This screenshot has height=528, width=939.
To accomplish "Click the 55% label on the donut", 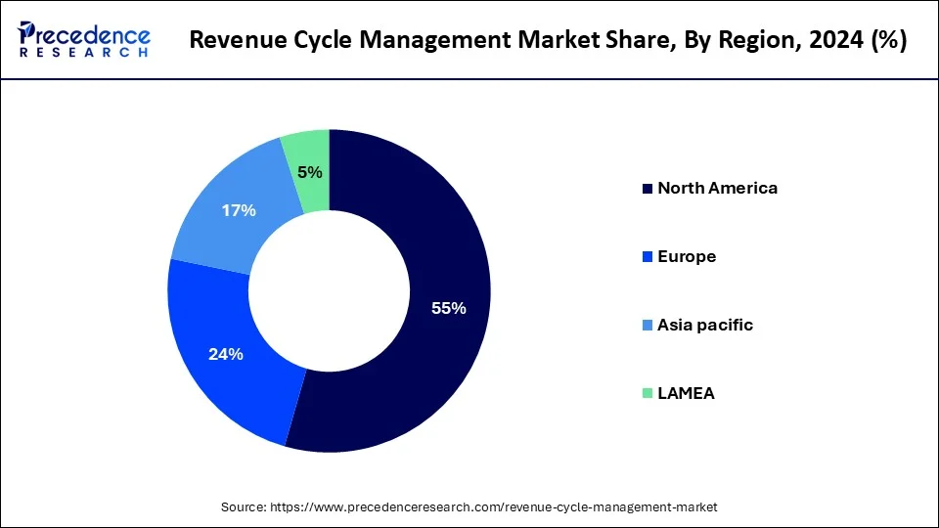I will point(449,308).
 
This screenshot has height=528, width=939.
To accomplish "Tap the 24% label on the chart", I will point(225,354).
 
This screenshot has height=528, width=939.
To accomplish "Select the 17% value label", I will point(239,210).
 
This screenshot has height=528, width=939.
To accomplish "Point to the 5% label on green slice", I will point(309,172).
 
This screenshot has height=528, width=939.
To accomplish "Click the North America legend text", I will point(717,188).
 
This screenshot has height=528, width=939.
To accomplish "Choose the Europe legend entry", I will point(687,256).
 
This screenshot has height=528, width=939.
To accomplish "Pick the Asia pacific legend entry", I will point(704,325).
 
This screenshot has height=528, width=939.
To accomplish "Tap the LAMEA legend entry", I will point(686,393).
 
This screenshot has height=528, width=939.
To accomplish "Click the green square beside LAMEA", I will point(646,394).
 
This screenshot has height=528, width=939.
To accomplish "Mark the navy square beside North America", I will point(646,189).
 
